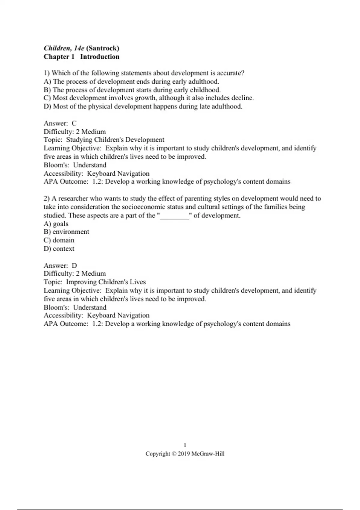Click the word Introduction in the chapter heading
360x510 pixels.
pyautogui.click(x=100, y=57)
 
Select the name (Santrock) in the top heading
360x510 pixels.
pyautogui.click(x=103, y=48)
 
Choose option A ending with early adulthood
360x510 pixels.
pyautogui.click(x=131, y=82)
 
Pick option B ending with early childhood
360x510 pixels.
pyautogui.click(x=132, y=90)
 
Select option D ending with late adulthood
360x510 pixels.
pyautogui.click(x=143, y=106)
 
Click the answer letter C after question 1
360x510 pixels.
pyautogui.click(x=74, y=123)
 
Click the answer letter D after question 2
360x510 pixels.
pyautogui.click(x=74, y=265)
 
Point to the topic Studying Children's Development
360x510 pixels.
pyautogui.click(x=115, y=140)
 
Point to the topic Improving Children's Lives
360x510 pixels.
pyautogui.click(x=106, y=282)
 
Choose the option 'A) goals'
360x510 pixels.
pyautogui.click(x=56, y=224)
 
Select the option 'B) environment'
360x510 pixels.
pyautogui.click(x=66, y=232)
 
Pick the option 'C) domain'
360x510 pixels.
pyautogui.click(x=59, y=240)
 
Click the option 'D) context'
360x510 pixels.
pyautogui.click(x=59, y=249)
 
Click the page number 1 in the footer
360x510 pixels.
pyautogui.click(x=185, y=445)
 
